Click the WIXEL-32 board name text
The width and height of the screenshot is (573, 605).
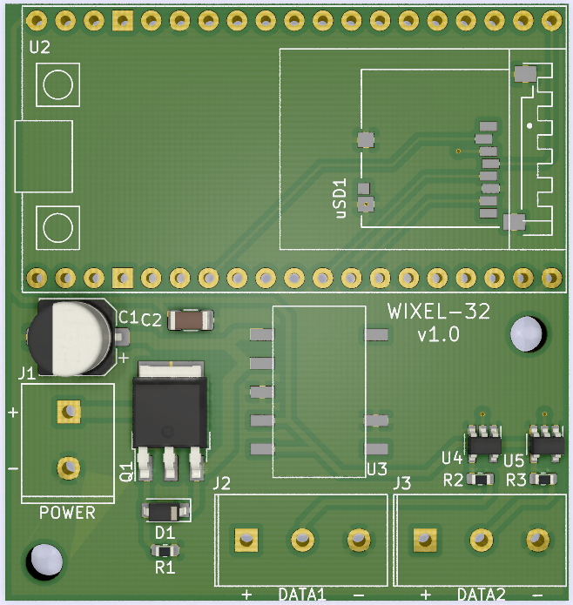point(439,312)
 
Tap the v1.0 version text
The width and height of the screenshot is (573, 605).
point(439,335)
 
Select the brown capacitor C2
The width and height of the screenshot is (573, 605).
point(191,320)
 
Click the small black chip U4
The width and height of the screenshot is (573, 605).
point(483,444)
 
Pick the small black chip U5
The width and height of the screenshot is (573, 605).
point(547,444)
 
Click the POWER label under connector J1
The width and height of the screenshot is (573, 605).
point(67,513)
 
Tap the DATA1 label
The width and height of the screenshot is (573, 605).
point(302,595)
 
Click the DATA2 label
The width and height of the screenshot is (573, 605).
point(482,595)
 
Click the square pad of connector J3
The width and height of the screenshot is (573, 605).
point(425,540)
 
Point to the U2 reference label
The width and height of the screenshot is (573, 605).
point(40,48)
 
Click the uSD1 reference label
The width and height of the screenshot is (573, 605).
point(341,199)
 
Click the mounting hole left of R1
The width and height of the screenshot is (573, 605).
point(44,559)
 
